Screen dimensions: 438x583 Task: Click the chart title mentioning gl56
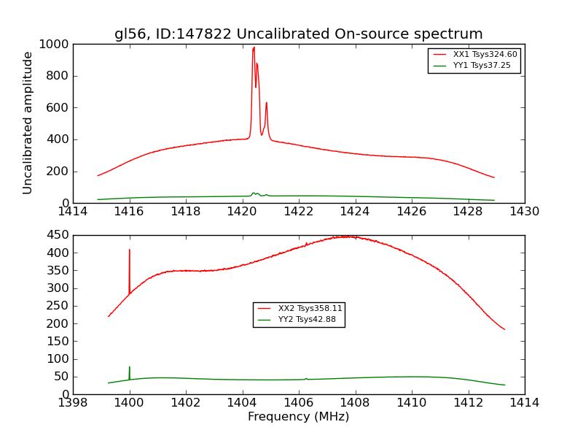298,34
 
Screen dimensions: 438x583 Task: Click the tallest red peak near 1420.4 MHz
254,48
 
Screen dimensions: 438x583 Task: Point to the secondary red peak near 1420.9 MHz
267,103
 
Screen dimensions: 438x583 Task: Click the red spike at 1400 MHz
130,250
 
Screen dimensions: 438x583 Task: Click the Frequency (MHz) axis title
298,417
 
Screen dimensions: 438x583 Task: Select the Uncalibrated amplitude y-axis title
28,123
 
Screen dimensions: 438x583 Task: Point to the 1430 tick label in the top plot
524,212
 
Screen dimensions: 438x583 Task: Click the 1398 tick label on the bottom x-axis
73,402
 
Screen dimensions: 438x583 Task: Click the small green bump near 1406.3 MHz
306,378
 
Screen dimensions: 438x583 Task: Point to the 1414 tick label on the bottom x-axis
524,402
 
